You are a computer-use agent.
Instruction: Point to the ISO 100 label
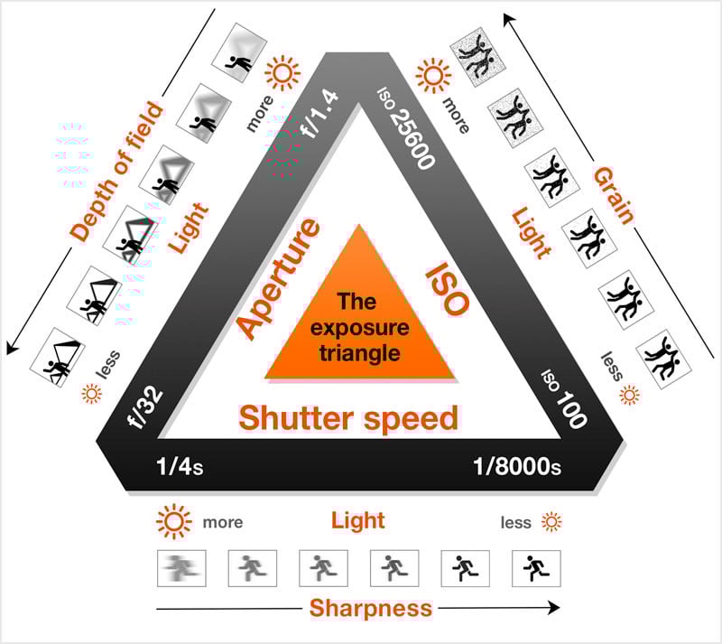coord(564,397)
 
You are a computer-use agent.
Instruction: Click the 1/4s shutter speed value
coord(178,467)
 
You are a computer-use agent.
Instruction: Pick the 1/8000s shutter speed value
coord(517,467)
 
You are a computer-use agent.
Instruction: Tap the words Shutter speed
coord(348,418)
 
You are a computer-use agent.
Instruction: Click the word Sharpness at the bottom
coord(371,608)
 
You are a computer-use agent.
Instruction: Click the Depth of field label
coord(117,172)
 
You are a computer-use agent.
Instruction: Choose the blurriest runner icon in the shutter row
coord(181,568)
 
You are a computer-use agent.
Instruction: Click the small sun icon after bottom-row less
coord(551,522)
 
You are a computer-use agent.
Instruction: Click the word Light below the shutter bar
coord(357,521)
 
